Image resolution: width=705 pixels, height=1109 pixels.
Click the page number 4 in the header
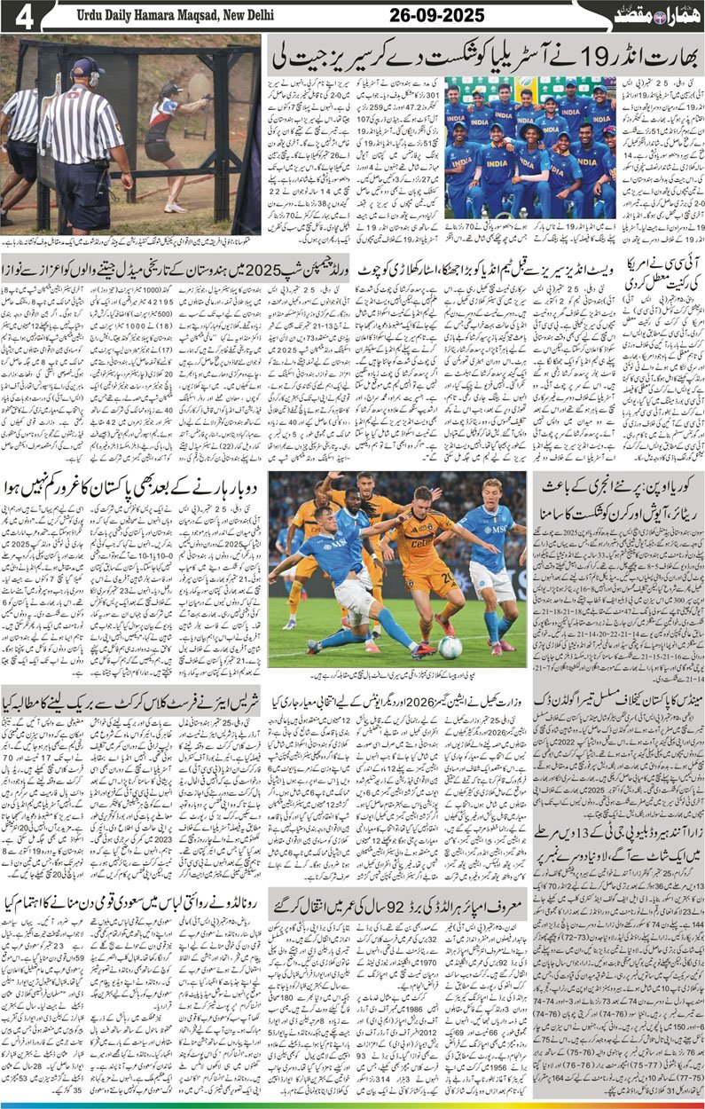pyautogui.click(x=24, y=17)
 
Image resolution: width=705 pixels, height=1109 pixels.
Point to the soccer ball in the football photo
pyautogui.click(x=450, y=648)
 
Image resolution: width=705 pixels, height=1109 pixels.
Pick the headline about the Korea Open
pyautogui.click(x=618, y=496)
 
